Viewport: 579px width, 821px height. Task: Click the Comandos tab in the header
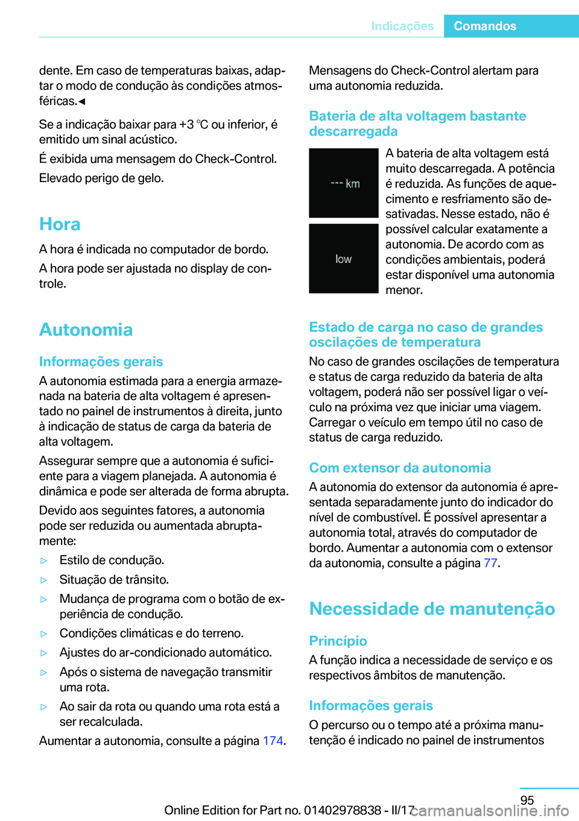(x=485, y=26)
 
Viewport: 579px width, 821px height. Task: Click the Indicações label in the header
(x=402, y=26)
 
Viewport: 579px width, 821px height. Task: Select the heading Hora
(x=60, y=224)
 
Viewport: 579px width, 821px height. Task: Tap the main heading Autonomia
(x=86, y=330)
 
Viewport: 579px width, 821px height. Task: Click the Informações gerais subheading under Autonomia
(x=101, y=362)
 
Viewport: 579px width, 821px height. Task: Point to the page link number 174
(x=273, y=741)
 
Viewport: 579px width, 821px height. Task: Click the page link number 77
(x=490, y=563)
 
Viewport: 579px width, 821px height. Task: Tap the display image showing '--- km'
(x=344, y=183)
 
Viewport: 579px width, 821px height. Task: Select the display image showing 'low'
(x=344, y=259)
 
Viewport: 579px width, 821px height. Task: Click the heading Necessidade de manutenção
(x=432, y=609)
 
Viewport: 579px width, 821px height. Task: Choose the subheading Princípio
(x=338, y=641)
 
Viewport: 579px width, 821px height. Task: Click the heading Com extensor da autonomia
(x=400, y=468)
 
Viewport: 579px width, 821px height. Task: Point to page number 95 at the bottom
(x=527, y=800)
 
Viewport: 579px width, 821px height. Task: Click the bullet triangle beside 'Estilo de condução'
(x=43, y=561)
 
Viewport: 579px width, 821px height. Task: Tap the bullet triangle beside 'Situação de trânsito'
(x=43, y=580)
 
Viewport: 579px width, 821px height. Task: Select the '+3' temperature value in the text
(x=186, y=124)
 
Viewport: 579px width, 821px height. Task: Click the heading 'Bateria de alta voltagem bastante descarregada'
(x=417, y=124)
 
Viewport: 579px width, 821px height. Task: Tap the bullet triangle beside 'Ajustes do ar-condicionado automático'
(x=43, y=653)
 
